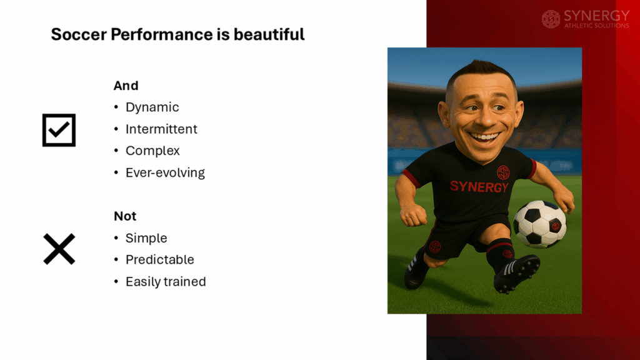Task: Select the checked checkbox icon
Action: (x=59, y=130)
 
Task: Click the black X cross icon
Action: (x=59, y=248)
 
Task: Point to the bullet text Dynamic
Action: (x=152, y=107)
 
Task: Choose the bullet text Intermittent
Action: (x=161, y=129)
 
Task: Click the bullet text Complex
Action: (x=152, y=151)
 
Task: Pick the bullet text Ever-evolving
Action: (x=165, y=172)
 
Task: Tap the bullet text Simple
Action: (x=146, y=238)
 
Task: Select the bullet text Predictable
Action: (x=159, y=259)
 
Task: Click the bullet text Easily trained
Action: (x=166, y=281)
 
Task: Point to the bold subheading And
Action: (x=126, y=86)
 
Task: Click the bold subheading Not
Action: (x=125, y=216)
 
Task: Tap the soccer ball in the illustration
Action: (x=539, y=224)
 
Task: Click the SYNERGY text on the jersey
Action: (x=479, y=186)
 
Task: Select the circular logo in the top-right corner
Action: (x=551, y=19)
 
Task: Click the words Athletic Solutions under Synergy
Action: (x=596, y=26)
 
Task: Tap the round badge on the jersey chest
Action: (x=503, y=172)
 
